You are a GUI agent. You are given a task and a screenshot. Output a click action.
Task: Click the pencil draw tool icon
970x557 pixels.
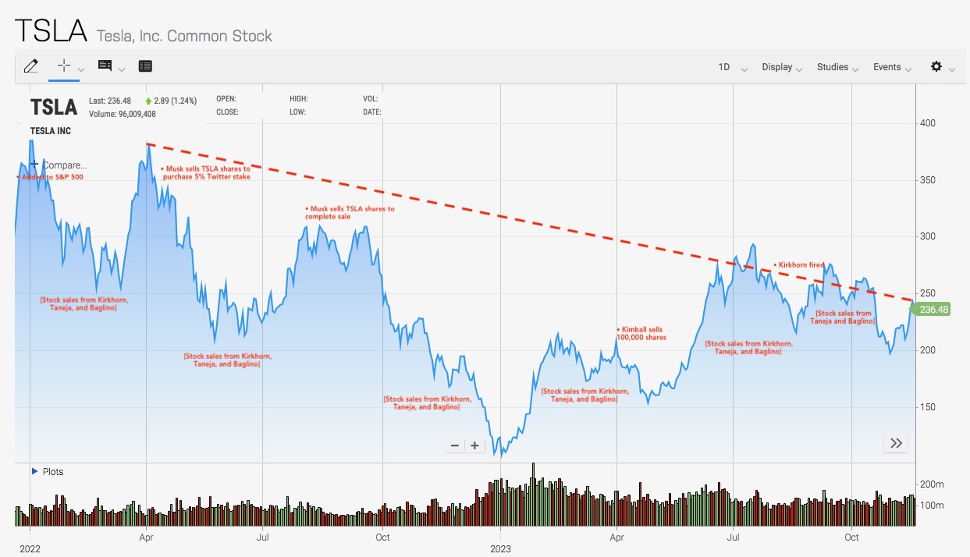30,66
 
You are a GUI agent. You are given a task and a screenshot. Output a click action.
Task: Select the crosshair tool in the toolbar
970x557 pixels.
64,66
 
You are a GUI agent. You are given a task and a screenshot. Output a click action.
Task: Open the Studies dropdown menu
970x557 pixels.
833,67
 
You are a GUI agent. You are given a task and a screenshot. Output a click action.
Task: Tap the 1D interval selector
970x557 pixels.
724,67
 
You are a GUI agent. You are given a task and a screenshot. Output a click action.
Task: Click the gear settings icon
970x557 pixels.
936,66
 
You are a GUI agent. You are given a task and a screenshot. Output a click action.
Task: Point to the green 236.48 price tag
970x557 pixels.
933,310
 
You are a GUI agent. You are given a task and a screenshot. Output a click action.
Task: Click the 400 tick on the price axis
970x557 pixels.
927,123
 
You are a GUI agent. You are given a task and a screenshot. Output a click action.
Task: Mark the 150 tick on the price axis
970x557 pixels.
927,407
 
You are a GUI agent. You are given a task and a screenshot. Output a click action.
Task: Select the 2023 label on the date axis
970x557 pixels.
500,548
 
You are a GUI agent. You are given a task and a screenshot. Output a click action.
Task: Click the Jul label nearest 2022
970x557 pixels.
264,537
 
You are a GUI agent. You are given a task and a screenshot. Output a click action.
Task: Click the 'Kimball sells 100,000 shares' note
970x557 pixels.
643,334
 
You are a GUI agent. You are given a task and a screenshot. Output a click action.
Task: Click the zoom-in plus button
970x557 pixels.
474,445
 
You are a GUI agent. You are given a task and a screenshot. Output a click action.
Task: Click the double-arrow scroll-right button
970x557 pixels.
896,444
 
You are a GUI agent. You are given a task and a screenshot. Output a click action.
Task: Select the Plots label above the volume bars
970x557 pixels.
52,472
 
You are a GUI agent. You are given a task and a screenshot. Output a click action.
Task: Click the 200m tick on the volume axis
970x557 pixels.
932,484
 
